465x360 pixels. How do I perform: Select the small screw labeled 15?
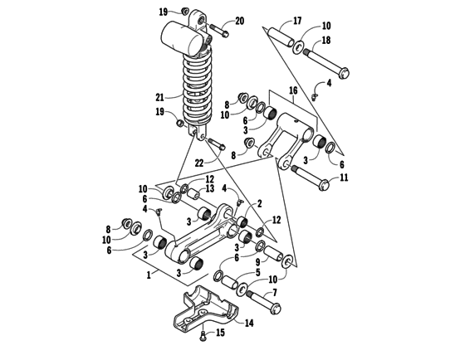click(x=203, y=335)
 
